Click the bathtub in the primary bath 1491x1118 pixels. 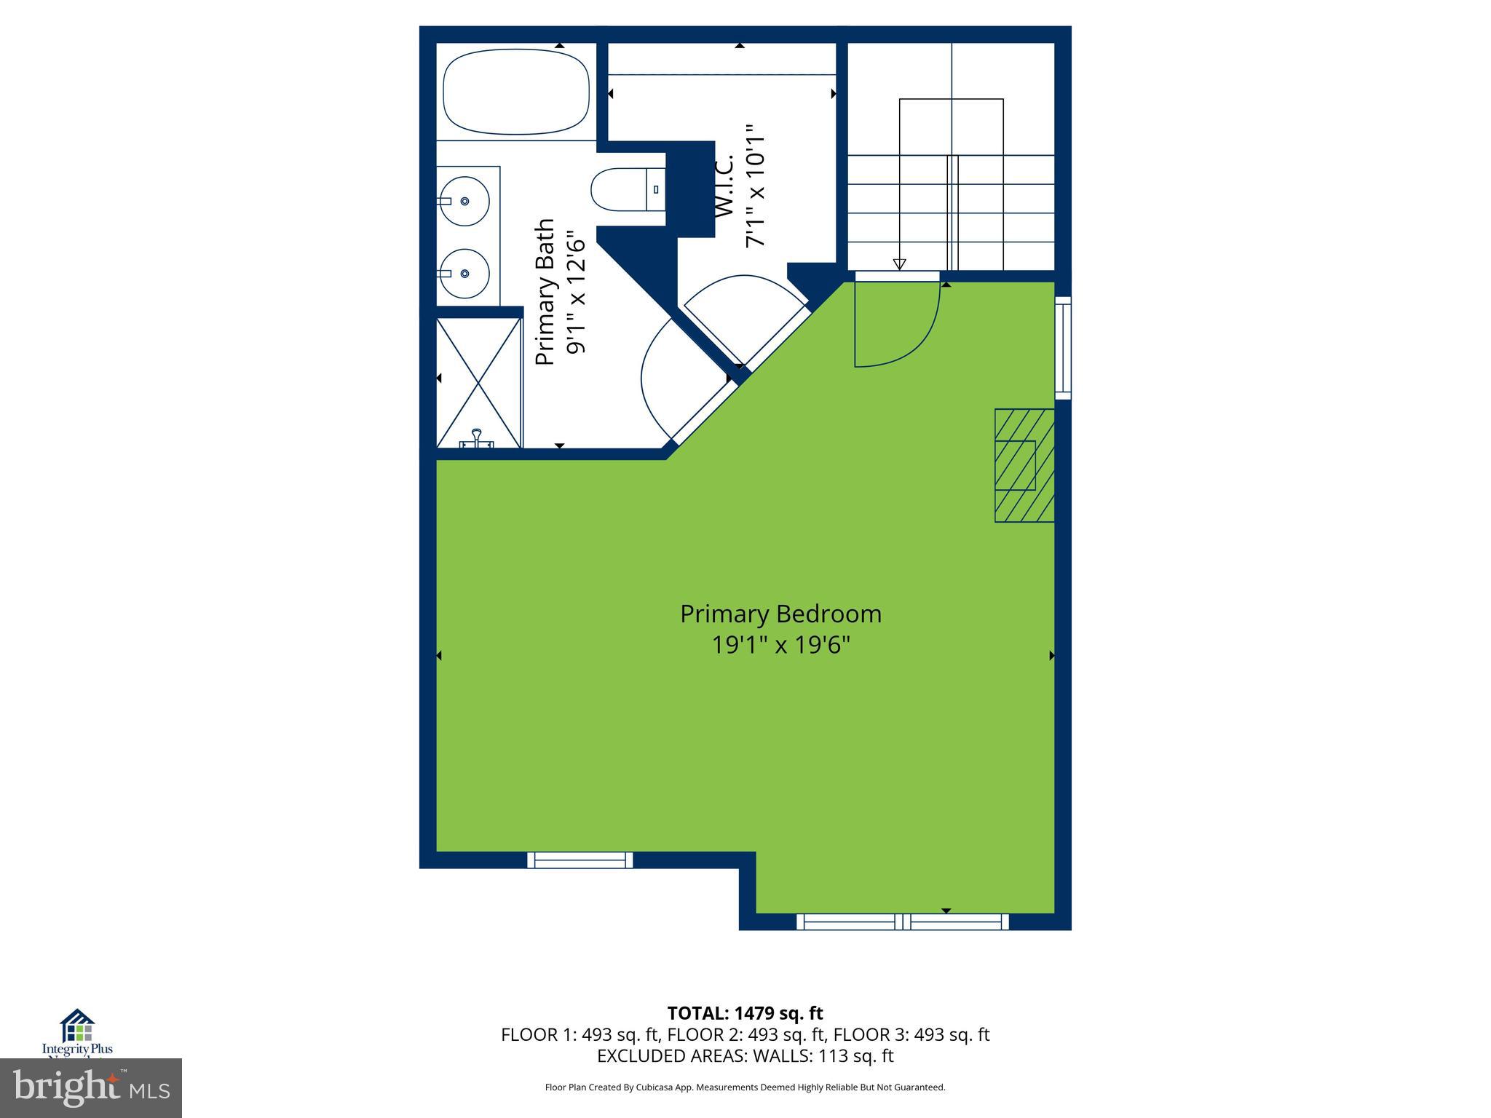click(x=516, y=91)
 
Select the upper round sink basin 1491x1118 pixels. click(x=463, y=201)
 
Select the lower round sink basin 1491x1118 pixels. click(x=463, y=274)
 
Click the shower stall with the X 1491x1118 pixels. click(x=478, y=382)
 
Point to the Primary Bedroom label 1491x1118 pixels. click(x=780, y=614)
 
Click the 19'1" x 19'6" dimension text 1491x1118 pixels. click(x=780, y=645)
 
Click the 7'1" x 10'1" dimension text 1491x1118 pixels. click(x=756, y=186)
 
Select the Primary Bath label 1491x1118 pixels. click(x=545, y=292)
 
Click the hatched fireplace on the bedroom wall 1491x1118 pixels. click(x=1024, y=465)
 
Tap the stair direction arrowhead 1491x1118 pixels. click(x=899, y=264)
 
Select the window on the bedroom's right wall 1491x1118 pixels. click(x=1063, y=347)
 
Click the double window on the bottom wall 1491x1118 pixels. click(x=903, y=921)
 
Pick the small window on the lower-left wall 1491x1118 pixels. click(x=580, y=860)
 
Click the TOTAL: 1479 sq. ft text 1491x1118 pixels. click(x=745, y=1013)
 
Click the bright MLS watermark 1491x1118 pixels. click(x=91, y=1087)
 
